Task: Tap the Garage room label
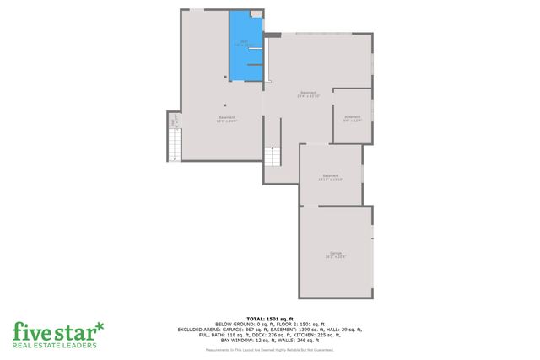tap(336, 255)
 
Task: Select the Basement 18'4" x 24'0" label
tap(227, 118)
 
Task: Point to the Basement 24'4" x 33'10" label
tap(308, 94)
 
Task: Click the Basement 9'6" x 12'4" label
tap(352, 118)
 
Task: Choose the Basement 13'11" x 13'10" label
tap(331, 177)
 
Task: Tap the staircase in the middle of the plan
tap(272, 157)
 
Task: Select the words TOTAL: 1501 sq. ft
tap(269, 318)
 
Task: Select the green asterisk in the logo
tap(100, 325)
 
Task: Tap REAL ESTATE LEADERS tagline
tap(56, 345)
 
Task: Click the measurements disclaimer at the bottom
tap(269, 349)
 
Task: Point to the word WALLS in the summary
tap(288, 340)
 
